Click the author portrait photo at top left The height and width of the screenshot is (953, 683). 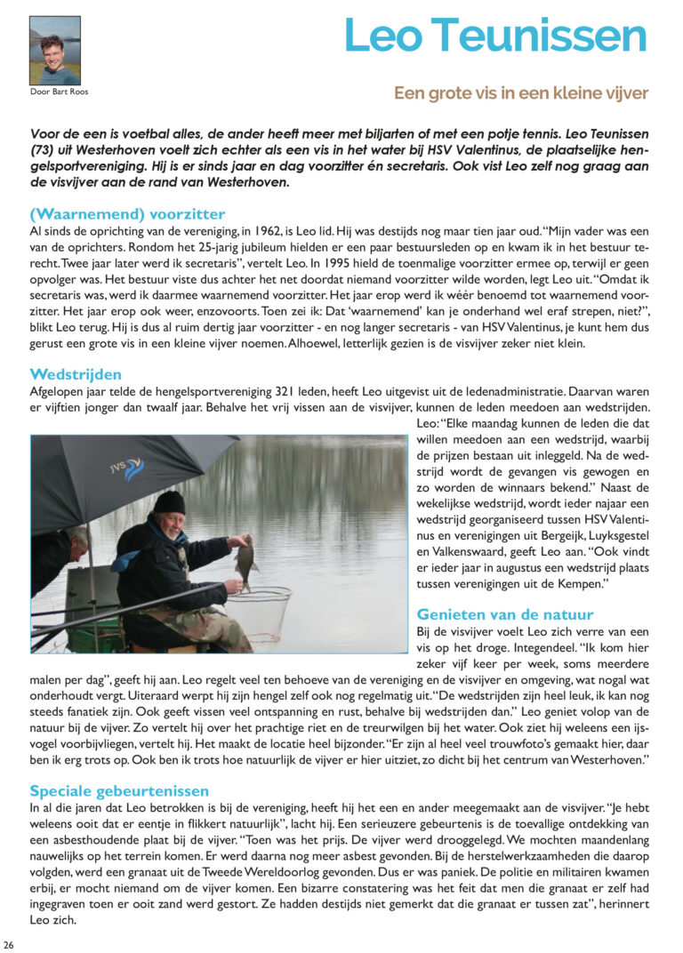(x=54, y=50)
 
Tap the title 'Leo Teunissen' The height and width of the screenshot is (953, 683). (x=495, y=36)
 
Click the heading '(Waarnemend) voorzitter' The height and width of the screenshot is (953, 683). (x=127, y=214)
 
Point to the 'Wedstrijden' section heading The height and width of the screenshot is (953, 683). (x=76, y=374)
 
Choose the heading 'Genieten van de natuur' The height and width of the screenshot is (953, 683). (x=505, y=614)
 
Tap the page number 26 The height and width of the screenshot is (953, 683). (x=9, y=944)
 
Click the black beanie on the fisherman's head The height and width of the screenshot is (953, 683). (x=169, y=502)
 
